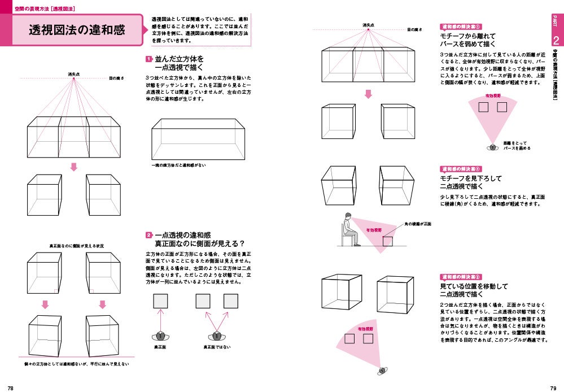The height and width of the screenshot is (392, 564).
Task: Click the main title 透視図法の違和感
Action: click(77, 31)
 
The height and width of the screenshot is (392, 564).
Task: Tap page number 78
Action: click(11, 387)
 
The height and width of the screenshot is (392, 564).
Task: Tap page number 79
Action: click(553, 387)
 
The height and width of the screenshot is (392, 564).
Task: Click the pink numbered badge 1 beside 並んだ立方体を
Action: click(148, 59)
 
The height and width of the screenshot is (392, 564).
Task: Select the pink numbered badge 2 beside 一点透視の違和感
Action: click(148, 235)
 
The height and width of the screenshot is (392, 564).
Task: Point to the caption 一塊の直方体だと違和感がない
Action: click(178, 165)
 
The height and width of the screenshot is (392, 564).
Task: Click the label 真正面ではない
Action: click(215, 346)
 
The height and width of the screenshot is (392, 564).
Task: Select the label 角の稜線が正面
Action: click(418, 224)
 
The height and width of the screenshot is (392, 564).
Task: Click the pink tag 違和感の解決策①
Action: click(460, 27)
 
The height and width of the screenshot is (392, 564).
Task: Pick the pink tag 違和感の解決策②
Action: click(460, 168)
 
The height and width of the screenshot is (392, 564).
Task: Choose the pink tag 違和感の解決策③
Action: click(460, 277)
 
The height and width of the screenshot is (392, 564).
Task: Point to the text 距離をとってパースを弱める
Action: click(517, 146)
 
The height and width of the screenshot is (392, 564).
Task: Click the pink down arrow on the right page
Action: click(368, 94)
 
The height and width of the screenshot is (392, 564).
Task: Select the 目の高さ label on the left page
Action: click(117, 78)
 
